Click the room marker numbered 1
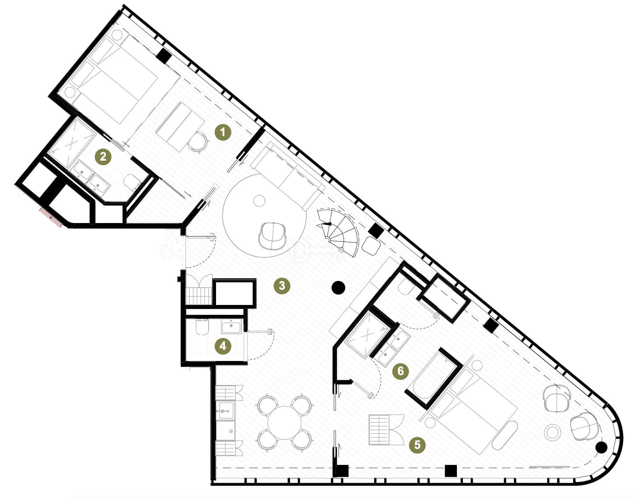[x=223, y=132]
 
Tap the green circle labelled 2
[x=103, y=156]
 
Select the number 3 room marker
[x=282, y=285]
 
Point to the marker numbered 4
[x=223, y=346]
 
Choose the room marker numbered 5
[x=417, y=444]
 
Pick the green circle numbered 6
[x=401, y=371]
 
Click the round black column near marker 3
[x=338, y=288]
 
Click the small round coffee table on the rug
[x=260, y=201]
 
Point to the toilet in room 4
[x=202, y=327]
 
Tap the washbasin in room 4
[x=232, y=326]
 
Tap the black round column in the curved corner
[x=601, y=448]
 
